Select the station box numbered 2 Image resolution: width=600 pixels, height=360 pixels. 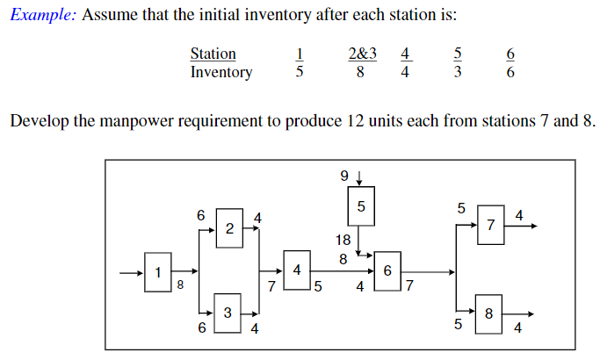coord(229,229)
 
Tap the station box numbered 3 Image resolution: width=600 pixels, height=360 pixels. coord(228,313)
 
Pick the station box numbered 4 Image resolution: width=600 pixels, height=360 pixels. coord(297,270)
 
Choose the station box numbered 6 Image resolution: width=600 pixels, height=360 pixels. coord(387,271)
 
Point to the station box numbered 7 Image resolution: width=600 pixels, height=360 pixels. coord(490,225)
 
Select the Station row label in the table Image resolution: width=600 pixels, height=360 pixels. coord(213,54)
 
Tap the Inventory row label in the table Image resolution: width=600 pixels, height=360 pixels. coord(220,72)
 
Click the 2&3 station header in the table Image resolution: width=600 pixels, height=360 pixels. coord(362,54)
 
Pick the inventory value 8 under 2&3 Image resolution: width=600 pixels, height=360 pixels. coord(361,72)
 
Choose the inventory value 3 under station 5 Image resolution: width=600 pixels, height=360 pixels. coord(458,72)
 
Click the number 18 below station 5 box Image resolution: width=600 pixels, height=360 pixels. coord(343,239)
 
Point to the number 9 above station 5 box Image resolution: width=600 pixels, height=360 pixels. coord(343,176)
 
